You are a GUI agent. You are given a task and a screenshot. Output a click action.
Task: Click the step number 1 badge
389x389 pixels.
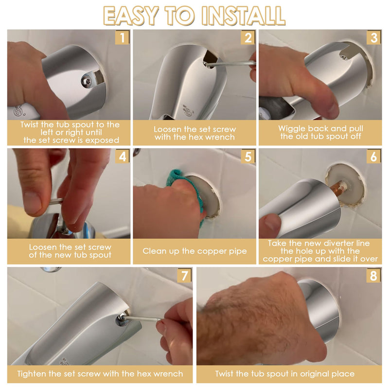point(122,37)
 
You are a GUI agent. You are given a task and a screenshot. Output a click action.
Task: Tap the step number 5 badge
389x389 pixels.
point(248,157)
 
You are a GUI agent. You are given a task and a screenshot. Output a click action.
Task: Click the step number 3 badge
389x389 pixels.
point(373,37)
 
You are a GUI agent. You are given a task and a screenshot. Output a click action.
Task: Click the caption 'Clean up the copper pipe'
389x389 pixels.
point(194,251)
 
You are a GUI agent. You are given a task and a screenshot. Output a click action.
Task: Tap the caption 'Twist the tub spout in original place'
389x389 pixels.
point(284,374)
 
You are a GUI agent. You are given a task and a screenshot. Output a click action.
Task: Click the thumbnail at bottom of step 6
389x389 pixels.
point(272,225)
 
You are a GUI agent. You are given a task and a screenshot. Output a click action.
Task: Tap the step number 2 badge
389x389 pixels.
point(248,37)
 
